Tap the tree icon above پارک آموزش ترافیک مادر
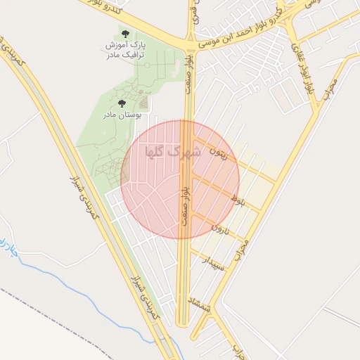(125, 34)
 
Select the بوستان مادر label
(122, 114)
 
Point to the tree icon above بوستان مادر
(122, 103)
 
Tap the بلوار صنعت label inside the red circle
(184, 204)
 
